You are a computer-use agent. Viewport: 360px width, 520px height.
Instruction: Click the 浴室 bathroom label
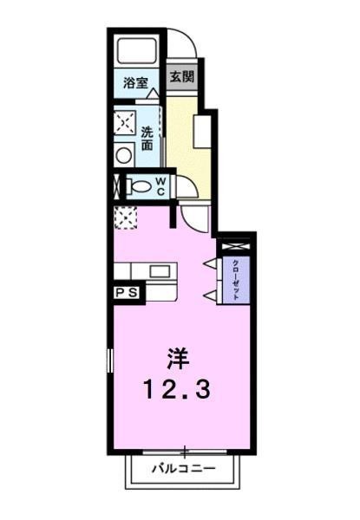[134, 84]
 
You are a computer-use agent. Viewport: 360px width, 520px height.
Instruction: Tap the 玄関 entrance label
[181, 76]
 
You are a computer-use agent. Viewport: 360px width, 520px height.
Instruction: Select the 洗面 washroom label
[148, 137]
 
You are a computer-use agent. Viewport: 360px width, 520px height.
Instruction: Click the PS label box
[127, 294]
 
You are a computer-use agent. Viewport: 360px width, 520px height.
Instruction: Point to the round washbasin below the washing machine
[125, 156]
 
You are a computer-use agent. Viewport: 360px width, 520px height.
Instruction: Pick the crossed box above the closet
[234, 247]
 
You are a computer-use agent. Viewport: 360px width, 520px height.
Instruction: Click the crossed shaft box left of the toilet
[116, 185]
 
